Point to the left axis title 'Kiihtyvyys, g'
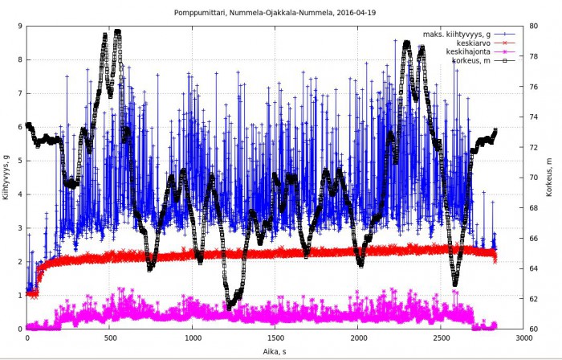tap(6, 177)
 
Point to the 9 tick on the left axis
tap(20, 27)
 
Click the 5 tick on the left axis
tap(20, 161)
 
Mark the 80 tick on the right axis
tap(535, 27)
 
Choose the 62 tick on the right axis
tap(535, 299)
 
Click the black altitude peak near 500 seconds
tap(117, 32)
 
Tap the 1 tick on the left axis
tap(20, 296)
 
